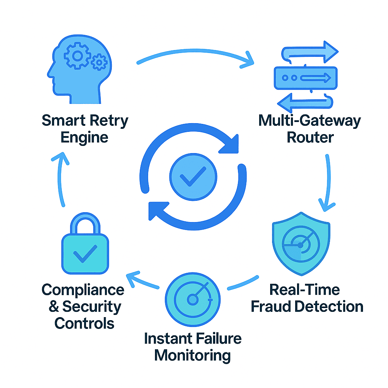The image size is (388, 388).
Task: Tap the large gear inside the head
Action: (78, 56)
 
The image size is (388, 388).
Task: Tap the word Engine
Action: (84, 137)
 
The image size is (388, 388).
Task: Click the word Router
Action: (310, 137)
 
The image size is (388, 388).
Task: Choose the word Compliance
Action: (83, 290)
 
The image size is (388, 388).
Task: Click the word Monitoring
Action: (193, 355)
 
